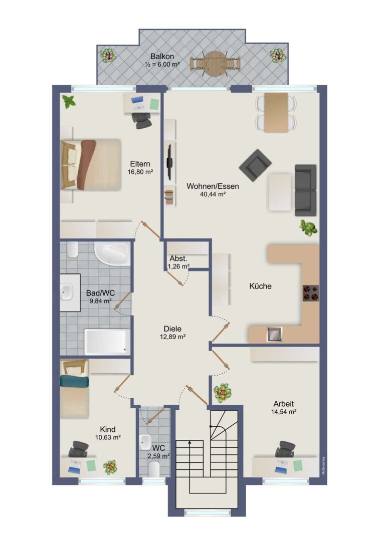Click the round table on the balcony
215,64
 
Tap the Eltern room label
140,163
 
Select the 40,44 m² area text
213,194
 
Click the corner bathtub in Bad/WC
112,253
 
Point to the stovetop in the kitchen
310,293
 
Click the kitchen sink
275,334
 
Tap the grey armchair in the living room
255,165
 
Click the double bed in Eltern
91,165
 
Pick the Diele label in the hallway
172,329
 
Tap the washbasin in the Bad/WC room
67,292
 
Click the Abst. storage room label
178,258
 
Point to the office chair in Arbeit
285,449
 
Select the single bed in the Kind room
75,389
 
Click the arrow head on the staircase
189,441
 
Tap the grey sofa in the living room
306,190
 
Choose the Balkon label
162,56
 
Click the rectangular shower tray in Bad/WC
107,342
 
